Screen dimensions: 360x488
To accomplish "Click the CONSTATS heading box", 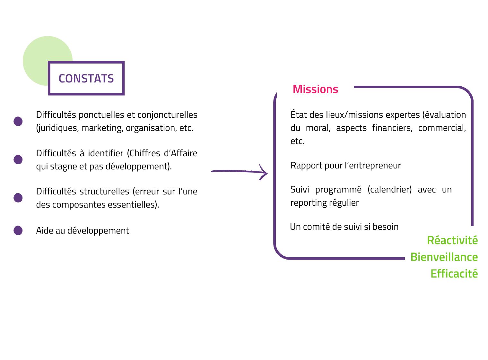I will pyautogui.click(x=86, y=78).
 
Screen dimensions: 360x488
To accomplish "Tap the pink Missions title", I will pyautogui.click(x=315, y=89).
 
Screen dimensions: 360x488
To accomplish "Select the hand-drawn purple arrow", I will pyautogui.click(x=239, y=172).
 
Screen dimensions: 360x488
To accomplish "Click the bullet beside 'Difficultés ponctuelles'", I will pyautogui.click(x=18, y=121).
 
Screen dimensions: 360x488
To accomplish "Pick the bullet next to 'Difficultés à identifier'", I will pyautogui.click(x=18, y=159).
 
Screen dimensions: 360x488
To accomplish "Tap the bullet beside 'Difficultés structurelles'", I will pyautogui.click(x=18, y=198).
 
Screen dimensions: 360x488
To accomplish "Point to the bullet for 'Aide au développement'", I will pyautogui.click(x=18, y=230).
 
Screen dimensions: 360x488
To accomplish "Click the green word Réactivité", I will pyautogui.click(x=452, y=240).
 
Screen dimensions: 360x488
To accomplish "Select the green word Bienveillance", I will pyautogui.click(x=444, y=257).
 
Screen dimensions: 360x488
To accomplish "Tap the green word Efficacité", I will pyautogui.click(x=454, y=274).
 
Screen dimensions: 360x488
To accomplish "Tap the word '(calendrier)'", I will pyautogui.click(x=389, y=190).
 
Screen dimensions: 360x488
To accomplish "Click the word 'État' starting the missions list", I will pyautogui.click(x=299, y=115).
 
